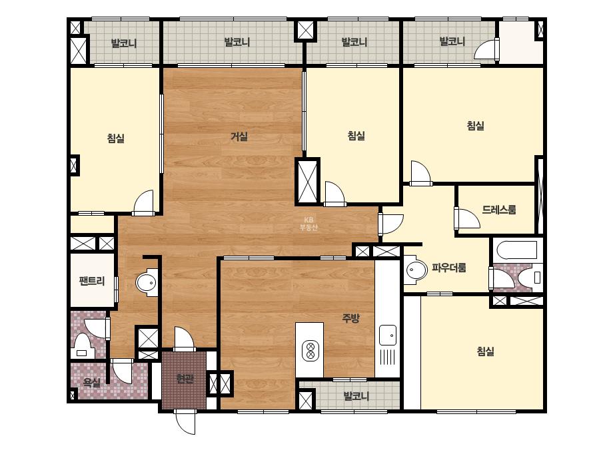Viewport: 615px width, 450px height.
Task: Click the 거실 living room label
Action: (x=239, y=137)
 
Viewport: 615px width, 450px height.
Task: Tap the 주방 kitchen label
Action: (x=350, y=318)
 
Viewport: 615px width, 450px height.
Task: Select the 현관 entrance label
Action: (x=185, y=379)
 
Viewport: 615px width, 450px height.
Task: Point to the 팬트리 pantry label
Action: (x=92, y=281)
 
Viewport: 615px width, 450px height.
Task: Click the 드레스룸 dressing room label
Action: (x=499, y=210)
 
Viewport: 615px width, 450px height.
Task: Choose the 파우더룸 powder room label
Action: (x=449, y=268)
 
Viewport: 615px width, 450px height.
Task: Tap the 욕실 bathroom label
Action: (x=92, y=382)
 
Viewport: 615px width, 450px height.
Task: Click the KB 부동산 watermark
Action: (x=308, y=224)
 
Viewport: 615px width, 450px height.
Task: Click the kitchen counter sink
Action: (x=388, y=336)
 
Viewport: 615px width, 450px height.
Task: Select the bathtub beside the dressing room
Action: (x=516, y=250)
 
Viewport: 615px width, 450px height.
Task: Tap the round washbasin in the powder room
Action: (x=416, y=270)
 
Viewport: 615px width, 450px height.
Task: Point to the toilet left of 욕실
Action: (x=82, y=345)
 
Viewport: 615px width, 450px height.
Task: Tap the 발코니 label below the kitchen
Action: (x=356, y=396)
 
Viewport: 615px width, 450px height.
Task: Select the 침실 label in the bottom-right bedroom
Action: (x=486, y=351)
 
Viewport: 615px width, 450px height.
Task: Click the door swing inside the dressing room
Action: (x=468, y=218)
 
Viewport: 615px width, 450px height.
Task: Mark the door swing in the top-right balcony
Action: (x=486, y=49)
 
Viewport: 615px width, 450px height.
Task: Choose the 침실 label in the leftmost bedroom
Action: (x=116, y=138)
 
